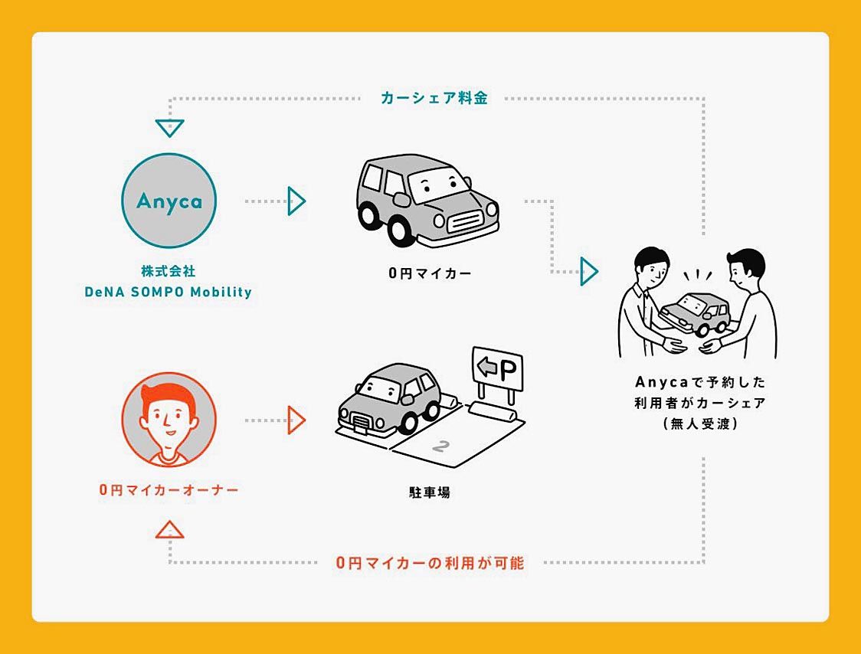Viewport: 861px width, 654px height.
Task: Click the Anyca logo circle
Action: (x=169, y=201)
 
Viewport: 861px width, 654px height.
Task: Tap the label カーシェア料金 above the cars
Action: (x=434, y=98)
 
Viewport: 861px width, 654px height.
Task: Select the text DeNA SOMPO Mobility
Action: (x=169, y=292)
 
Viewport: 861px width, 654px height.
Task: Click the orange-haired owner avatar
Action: (x=169, y=420)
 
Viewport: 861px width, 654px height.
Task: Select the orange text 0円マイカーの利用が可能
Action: (x=430, y=563)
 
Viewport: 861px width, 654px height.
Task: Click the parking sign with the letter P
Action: (x=498, y=371)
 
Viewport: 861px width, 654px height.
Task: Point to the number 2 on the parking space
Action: (x=440, y=446)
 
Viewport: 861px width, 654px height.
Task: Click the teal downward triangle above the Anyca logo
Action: (x=169, y=127)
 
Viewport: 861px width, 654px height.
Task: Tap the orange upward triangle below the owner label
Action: (x=169, y=529)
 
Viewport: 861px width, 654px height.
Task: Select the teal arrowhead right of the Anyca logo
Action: (x=296, y=201)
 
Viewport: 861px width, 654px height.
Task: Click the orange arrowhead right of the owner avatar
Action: (x=296, y=420)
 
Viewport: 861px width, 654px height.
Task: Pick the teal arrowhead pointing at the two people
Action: (x=588, y=271)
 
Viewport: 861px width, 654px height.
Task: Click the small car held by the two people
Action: (x=695, y=312)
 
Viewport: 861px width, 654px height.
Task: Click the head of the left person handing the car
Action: (x=650, y=268)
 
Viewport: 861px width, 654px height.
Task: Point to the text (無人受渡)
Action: (x=700, y=423)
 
